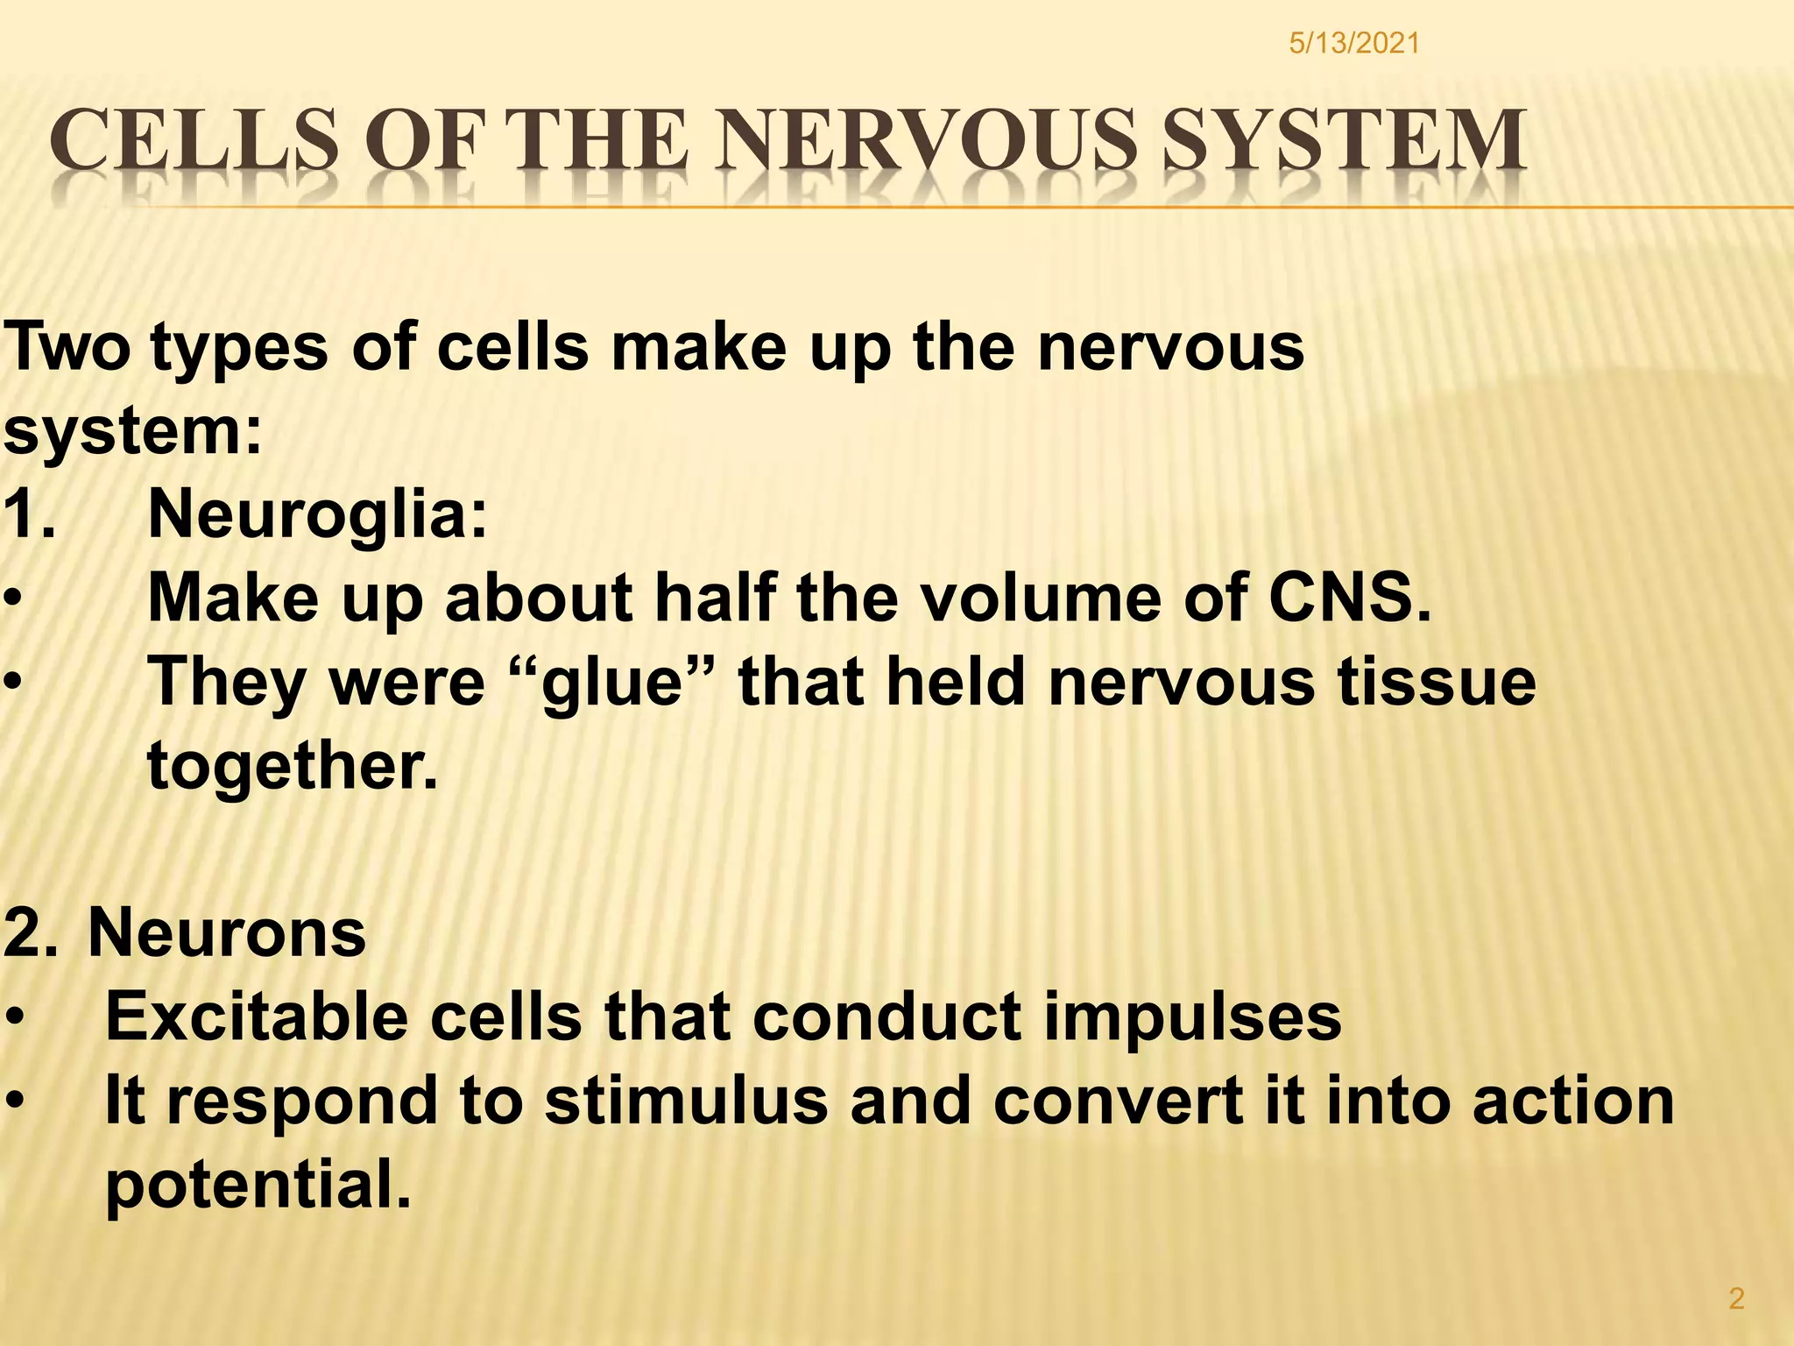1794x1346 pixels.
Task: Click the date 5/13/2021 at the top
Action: pyautogui.click(x=1353, y=43)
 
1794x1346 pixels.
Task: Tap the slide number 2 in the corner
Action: pyautogui.click(x=1736, y=1298)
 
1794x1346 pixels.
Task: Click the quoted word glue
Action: pyautogui.click(x=612, y=682)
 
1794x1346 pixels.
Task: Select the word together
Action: pyautogui.click(x=292, y=766)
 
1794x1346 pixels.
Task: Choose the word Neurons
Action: pyautogui.click(x=227, y=932)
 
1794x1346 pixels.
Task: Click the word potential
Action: pyautogui.click(x=258, y=1185)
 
